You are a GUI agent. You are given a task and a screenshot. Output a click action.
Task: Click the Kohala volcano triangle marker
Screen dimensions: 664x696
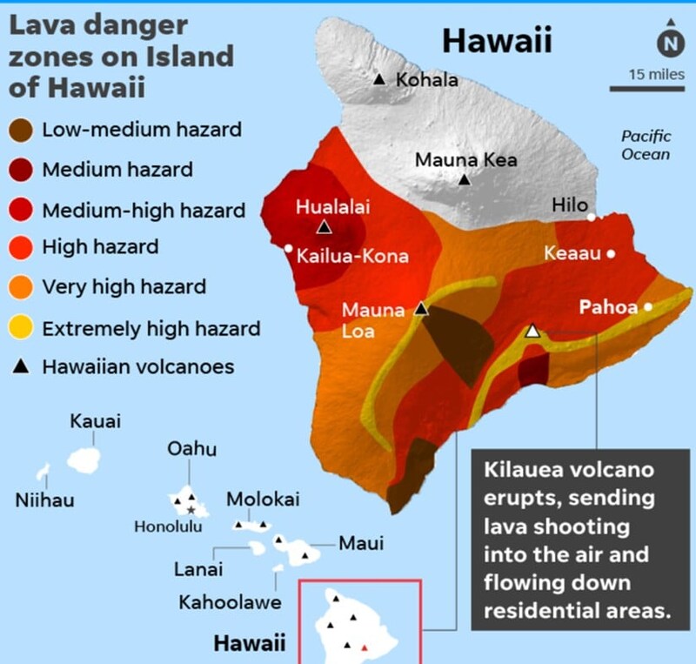tap(379, 80)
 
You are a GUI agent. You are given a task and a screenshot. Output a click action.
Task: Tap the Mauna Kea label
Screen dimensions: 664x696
tap(465, 160)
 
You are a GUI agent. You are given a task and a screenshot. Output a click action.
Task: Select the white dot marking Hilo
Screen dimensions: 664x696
tap(592, 217)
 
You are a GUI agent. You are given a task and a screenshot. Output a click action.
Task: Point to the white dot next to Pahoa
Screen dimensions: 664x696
tap(648, 307)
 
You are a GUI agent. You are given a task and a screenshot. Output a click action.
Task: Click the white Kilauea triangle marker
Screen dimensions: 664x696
tap(533, 331)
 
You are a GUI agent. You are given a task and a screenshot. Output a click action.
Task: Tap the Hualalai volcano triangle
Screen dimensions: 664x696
tap(324, 227)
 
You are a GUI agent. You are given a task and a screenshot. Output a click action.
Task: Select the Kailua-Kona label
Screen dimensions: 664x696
tap(352, 257)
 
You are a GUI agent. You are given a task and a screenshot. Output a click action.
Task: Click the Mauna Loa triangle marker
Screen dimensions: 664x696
tap(421, 308)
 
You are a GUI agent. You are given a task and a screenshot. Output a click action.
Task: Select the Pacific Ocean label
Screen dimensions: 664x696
tap(645, 145)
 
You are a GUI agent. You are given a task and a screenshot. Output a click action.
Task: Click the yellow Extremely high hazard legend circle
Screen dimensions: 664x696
tap(23, 329)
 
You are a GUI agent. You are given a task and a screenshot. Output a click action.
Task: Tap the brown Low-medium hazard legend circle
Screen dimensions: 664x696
tap(23, 131)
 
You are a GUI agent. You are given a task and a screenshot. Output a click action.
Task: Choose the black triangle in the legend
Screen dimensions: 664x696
tap(23, 367)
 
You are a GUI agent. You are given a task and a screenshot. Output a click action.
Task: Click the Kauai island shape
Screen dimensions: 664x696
tap(85, 458)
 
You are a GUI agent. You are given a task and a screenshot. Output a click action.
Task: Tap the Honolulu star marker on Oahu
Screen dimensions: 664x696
tap(191, 508)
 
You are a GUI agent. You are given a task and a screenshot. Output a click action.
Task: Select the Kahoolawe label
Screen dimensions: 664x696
tap(230, 602)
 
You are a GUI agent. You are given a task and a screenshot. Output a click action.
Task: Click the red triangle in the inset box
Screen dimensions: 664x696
tap(365, 647)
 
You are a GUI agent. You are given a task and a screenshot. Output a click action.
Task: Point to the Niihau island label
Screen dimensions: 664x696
tap(45, 500)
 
